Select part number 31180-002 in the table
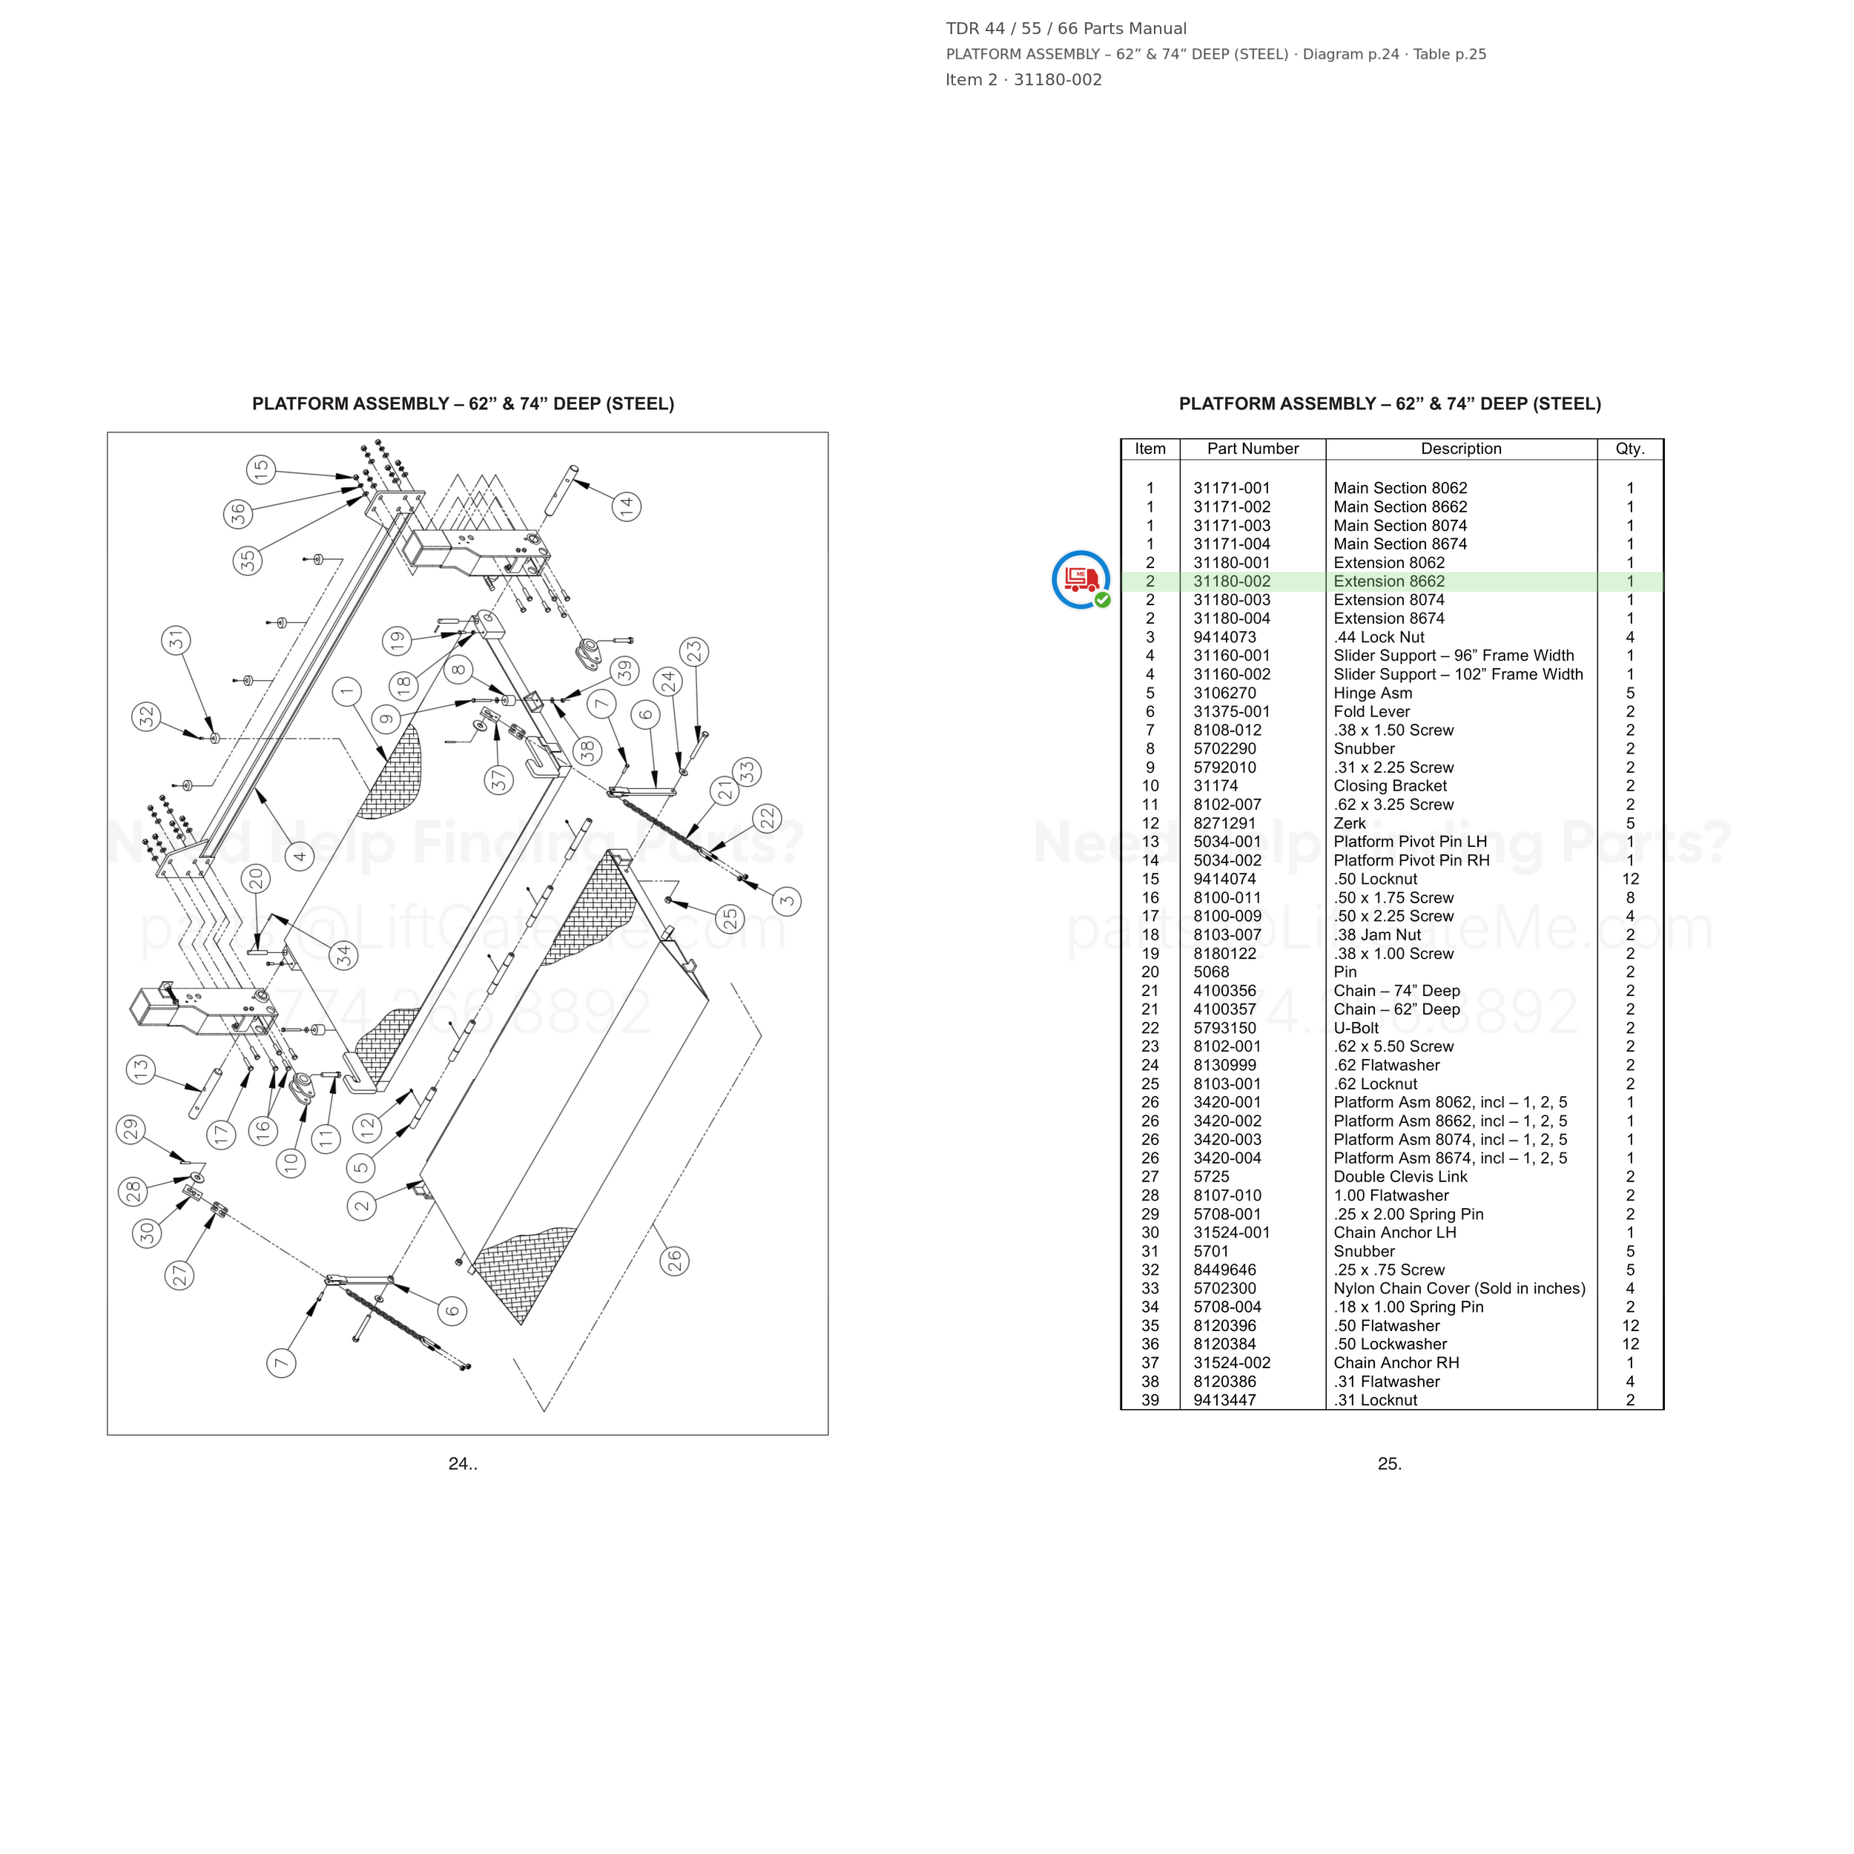pyautogui.click(x=1231, y=581)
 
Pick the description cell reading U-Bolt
pyautogui.click(x=1356, y=1028)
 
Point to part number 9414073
pyautogui.click(x=1224, y=637)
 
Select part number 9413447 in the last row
pyautogui.click(x=1224, y=1400)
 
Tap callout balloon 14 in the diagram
pyautogui.click(x=627, y=506)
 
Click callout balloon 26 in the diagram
pyautogui.click(x=675, y=1260)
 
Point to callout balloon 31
pyautogui.click(x=176, y=640)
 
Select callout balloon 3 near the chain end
pyautogui.click(x=787, y=900)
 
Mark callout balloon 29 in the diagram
pyautogui.click(x=131, y=1129)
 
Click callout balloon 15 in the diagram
pyautogui.click(x=261, y=470)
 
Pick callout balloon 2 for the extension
pyautogui.click(x=362, y=1205)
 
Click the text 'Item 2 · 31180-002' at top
pyautogui.click(x=1023, y=79)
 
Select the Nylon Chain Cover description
pyautogui.click(x=1459, y=1289)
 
